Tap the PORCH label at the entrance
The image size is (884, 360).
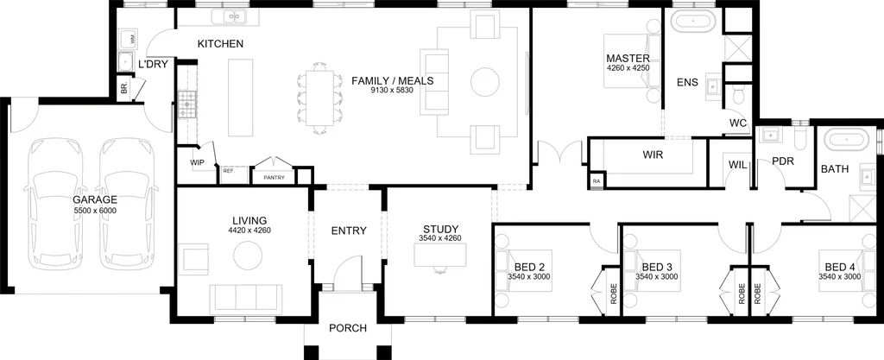click(x=348, y=328)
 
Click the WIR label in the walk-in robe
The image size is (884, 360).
click(x=653, y=155)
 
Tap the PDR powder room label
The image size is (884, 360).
click(x=782, y=161)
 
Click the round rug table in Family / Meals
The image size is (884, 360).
click(x=484, y=83)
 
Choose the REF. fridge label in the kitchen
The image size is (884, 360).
click(x=228, y=172)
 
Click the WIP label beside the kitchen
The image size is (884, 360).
click(x=197, y=162)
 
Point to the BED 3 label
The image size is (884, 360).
click(x=656, y=266)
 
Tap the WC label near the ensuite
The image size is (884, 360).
click(x=738, y=123)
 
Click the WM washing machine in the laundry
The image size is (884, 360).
click(x=133, y=39)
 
